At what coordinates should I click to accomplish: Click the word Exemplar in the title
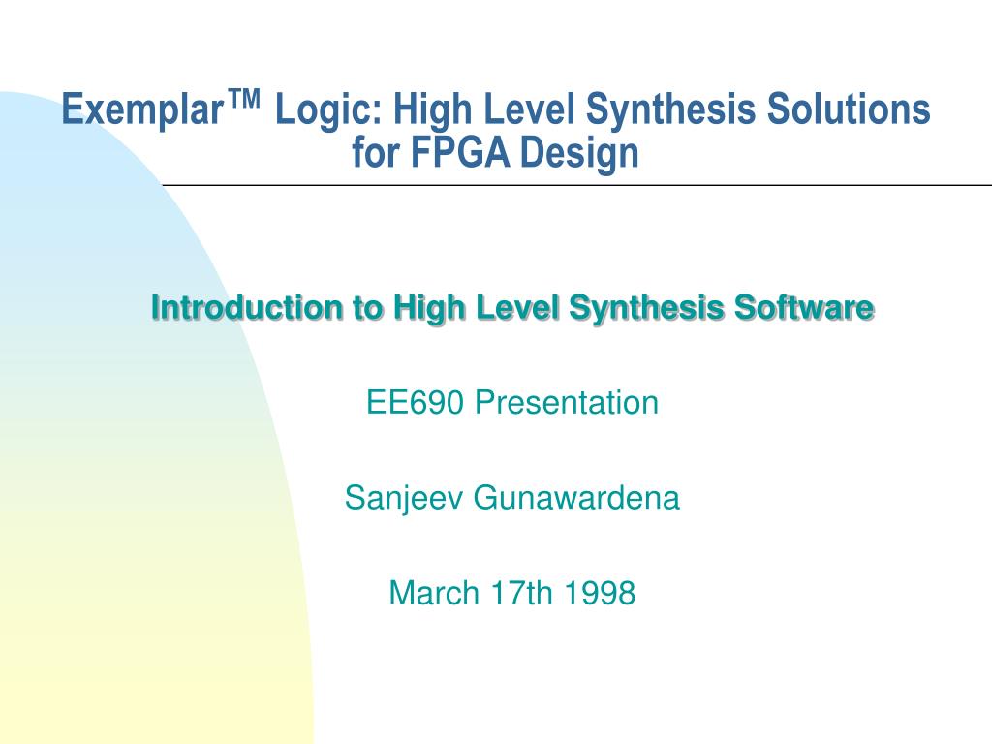point(139,109)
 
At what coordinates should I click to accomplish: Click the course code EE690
point(415,402)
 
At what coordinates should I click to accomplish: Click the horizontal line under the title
point(581,184)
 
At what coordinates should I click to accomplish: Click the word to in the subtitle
point(367,308)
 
